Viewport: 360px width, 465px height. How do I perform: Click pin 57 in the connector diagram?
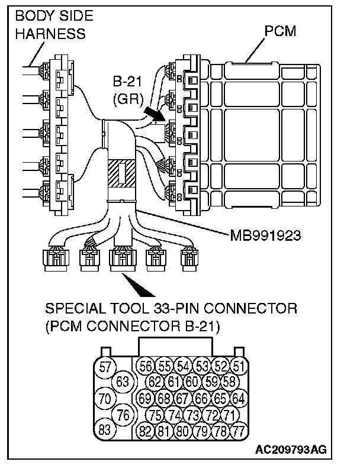105,367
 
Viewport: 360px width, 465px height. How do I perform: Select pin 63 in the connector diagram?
123,382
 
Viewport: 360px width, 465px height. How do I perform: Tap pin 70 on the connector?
105,398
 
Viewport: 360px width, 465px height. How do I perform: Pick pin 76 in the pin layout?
123,414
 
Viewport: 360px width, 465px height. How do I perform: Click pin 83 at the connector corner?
105,430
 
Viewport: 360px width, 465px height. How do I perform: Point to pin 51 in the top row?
238,365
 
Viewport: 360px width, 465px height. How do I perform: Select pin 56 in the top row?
145,365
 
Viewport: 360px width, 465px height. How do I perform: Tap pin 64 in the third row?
238,398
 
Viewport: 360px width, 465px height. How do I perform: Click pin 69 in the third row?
145,398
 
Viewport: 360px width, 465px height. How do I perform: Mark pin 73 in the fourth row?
192,414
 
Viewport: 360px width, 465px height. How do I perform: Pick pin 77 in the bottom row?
238,430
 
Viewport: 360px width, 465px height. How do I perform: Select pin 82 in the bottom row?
145,430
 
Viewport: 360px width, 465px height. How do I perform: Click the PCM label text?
280,31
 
